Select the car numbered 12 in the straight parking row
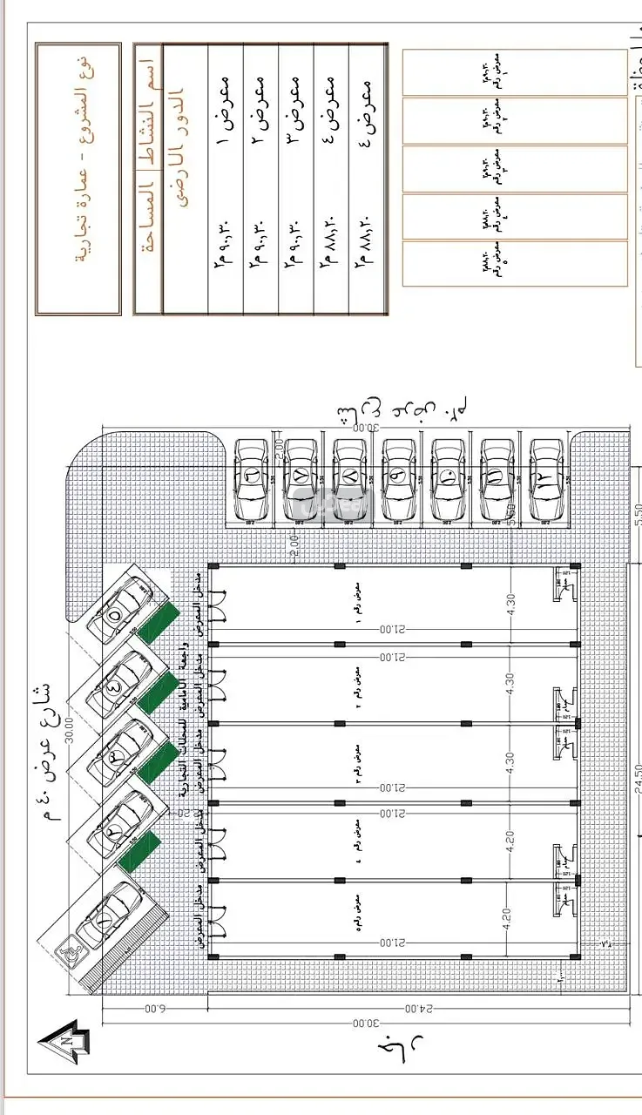[546, 479]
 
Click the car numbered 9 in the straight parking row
[399, 479]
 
